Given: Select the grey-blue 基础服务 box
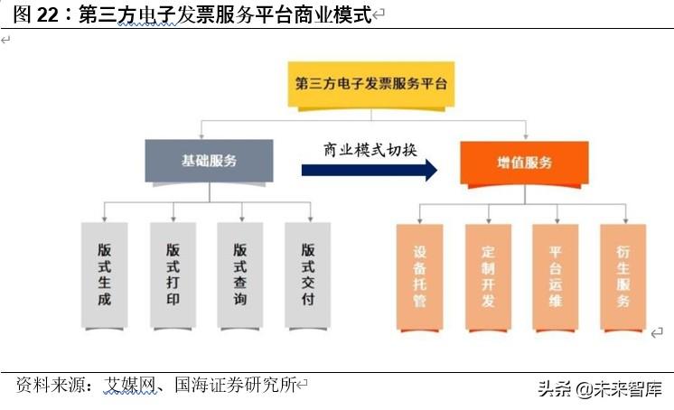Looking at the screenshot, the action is point(210,161).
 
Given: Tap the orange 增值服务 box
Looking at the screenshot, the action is point(525,163).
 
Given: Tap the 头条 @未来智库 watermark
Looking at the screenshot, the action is point(600,389).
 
